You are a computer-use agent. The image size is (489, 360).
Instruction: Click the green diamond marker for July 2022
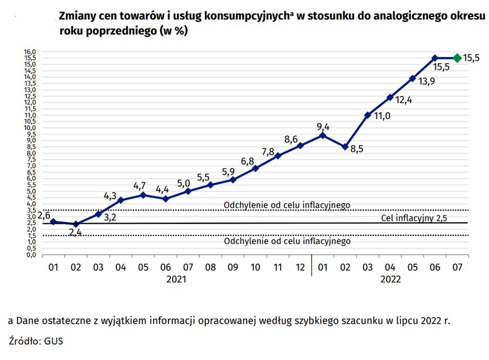[x=457, y=58]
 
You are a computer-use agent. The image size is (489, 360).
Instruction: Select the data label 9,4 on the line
[x=323, y=127]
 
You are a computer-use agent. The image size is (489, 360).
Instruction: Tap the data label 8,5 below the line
[x=357, y=149]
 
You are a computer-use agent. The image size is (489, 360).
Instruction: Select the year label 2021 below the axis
[x=176, y=279]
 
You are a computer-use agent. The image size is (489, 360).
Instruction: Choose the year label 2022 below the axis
[x=390, y=279]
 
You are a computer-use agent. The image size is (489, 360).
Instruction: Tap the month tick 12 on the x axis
[x=300, y=267]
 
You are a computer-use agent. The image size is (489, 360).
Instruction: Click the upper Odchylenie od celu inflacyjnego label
[x=287, y=205]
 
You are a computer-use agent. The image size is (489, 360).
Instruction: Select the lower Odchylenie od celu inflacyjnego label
[x=287, y=241]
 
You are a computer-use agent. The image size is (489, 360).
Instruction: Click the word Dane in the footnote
[x=28, y=321]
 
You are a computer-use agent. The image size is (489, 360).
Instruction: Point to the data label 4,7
[x=140, y=186]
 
